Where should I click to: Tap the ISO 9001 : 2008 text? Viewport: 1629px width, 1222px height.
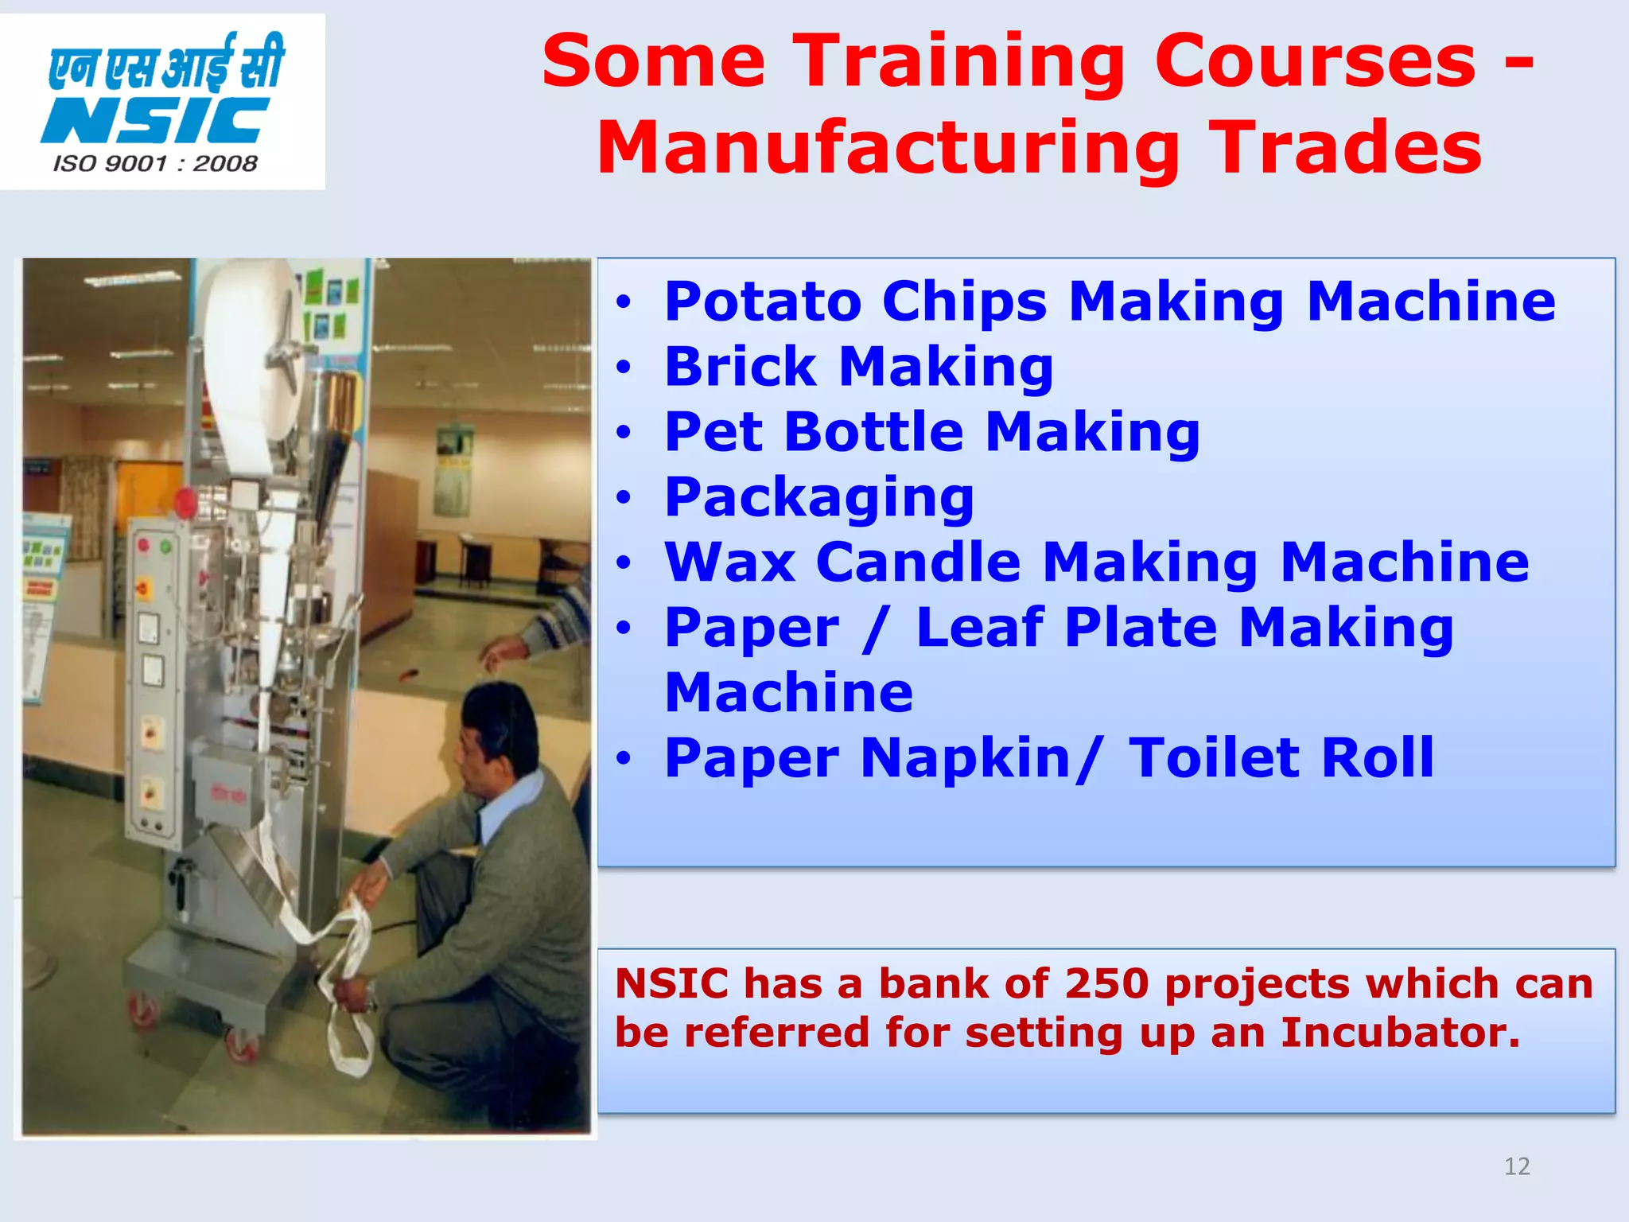[156, 164]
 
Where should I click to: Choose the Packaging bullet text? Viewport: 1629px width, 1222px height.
[818, 497]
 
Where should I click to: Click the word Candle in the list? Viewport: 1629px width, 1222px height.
[918, 562]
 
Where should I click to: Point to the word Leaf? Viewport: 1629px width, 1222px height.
[979, 628]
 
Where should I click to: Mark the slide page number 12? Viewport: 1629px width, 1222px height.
[1517, 1166]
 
